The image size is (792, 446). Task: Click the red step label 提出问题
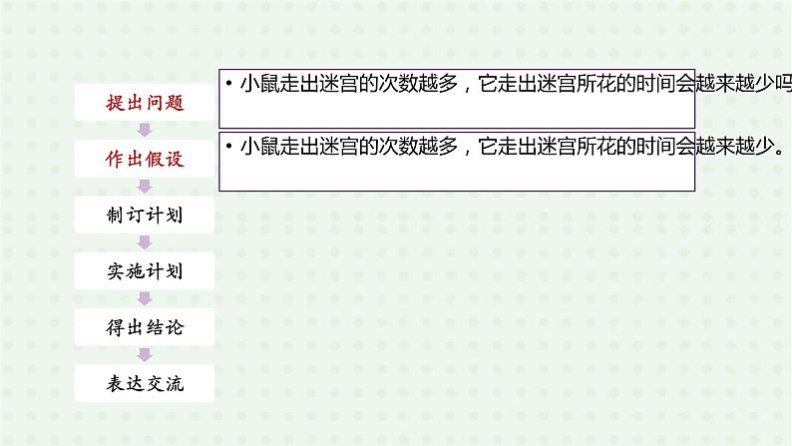click(x=145, y=102)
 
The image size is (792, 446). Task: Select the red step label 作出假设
click(x=145, y=158)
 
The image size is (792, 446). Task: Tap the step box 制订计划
click(x=145, y=215)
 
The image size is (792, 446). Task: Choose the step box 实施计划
click(x=145, y=270)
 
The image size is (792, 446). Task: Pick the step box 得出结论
click(x=145, y=326)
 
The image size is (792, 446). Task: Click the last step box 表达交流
click(x=145, y=382)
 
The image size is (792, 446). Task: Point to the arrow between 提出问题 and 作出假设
click(x=145, y=130)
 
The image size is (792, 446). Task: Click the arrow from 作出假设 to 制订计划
click(x=145, y=186)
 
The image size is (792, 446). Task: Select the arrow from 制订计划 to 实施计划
click(x=145, y=242)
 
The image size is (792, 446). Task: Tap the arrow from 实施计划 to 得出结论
click(x=145, y=298)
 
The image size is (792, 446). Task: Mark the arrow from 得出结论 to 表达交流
click(x=145, y=354)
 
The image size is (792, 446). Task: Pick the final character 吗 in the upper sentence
click(x=784, y=85)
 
